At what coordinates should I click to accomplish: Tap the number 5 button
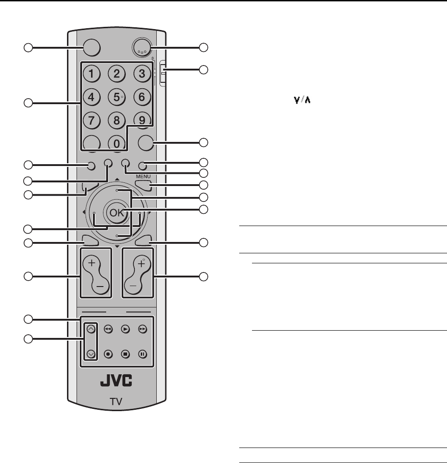pyautogui.click(x=117, y=97)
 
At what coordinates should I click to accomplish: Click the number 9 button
pyautogui.click(x=142, y=120)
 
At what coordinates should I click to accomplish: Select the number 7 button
pyautogui.click(x=92, y=120)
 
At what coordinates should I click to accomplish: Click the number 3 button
pyautogui.click(x=142, y=74)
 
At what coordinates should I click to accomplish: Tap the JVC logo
pyautogui.click(x=116, y=381)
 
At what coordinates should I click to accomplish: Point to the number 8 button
pyautogui.click(x=117, y=120)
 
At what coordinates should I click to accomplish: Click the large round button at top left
pyautogui.click(x=92, y=47)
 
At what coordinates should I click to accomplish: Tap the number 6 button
pyautogui.click(x=142, y=97)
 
